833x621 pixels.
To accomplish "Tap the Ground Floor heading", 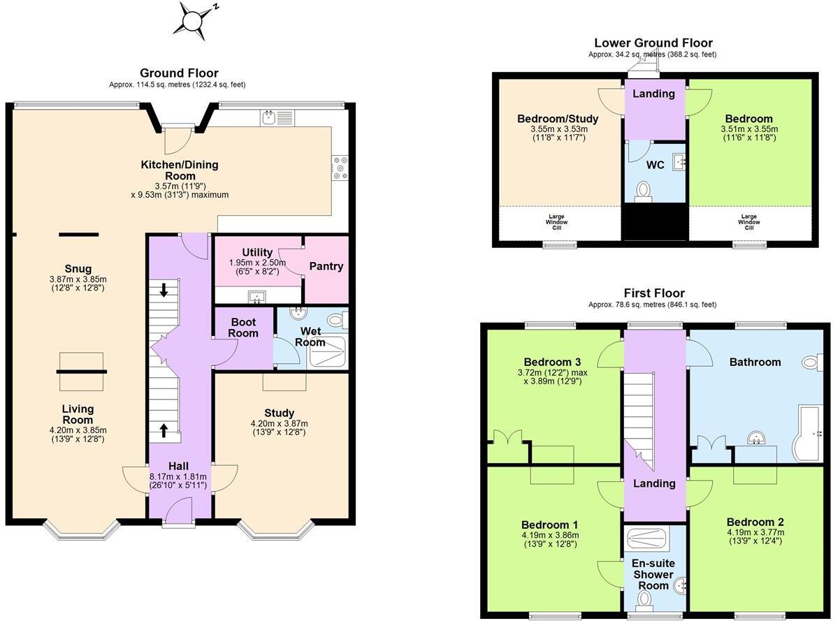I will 179,73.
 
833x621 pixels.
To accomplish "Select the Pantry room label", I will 326,266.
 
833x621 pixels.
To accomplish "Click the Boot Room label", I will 244,328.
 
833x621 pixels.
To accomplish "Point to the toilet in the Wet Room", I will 337,321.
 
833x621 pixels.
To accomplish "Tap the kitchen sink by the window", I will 268,118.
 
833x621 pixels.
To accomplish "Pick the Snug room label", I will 78,269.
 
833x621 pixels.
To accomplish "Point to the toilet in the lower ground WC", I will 644,191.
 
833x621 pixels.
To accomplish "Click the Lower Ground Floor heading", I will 653,43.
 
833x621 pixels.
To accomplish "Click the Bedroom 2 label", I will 755,522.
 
